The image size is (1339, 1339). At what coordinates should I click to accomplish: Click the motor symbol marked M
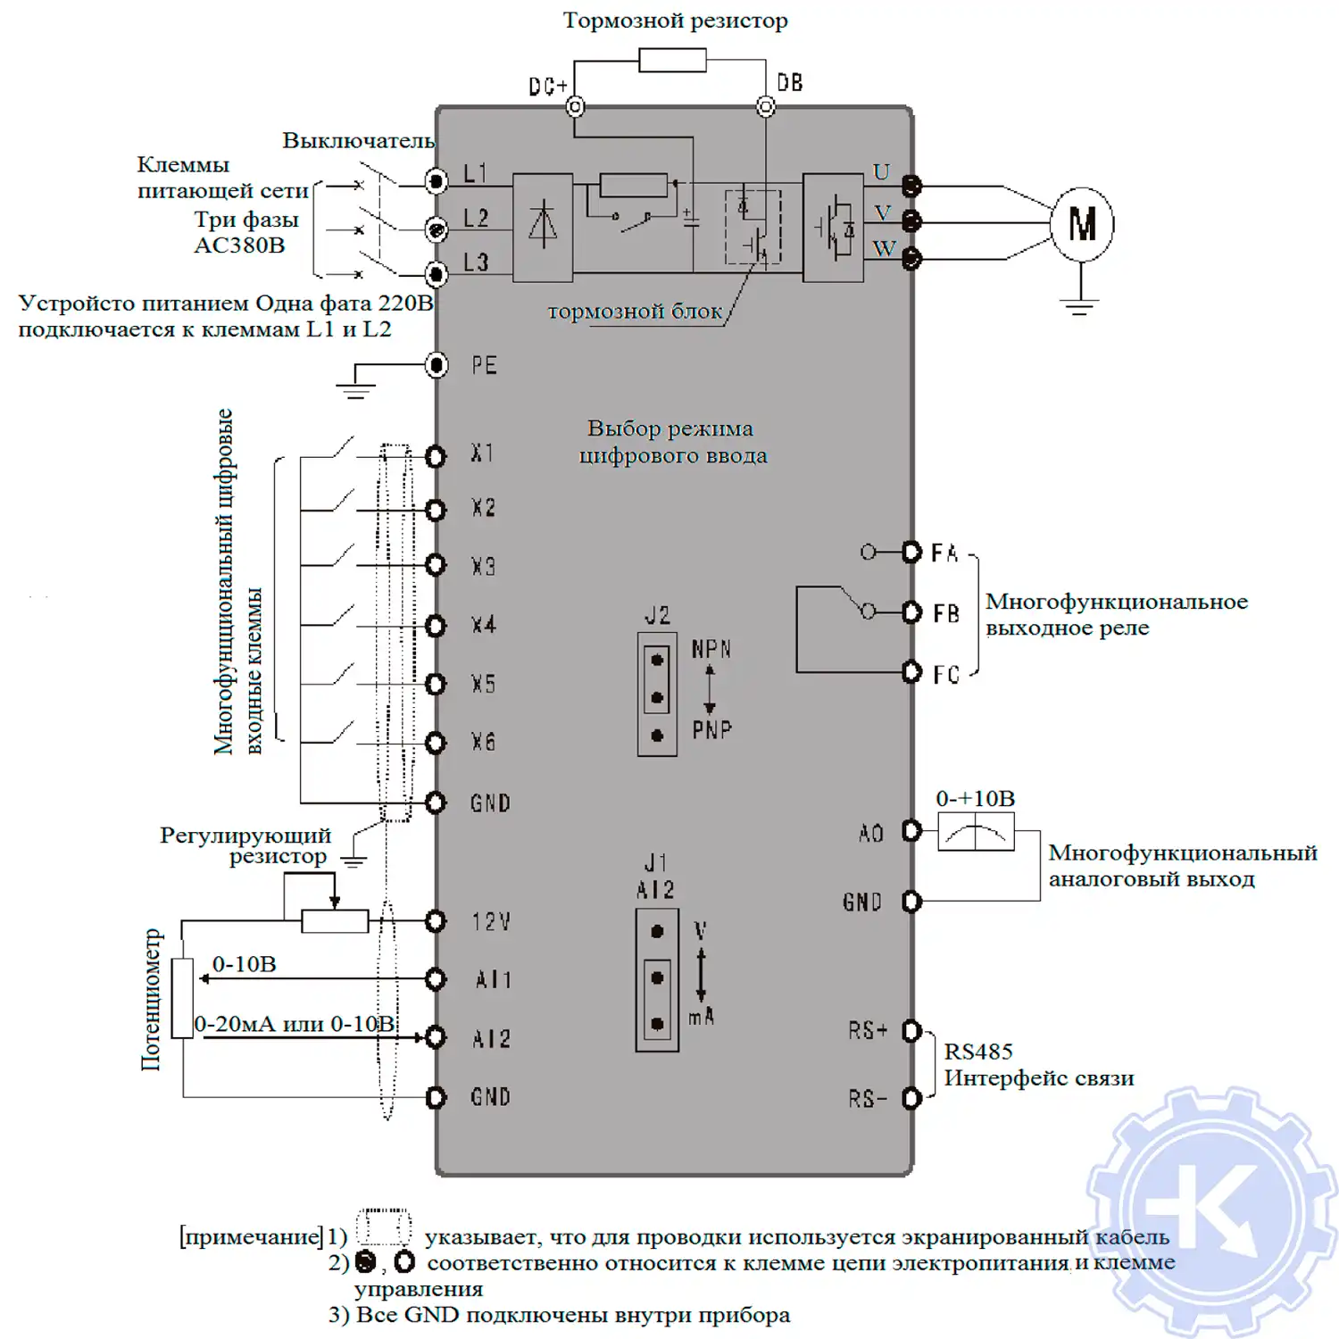(1081, 224)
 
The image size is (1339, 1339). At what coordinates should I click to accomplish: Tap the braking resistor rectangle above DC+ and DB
(672, 61)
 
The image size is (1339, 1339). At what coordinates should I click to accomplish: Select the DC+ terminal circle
(575, 107)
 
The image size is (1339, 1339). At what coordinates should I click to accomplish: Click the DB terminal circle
(765, 107)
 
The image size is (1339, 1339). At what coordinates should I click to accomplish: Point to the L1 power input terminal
(437, 182)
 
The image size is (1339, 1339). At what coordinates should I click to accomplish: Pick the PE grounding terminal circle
(437, 364)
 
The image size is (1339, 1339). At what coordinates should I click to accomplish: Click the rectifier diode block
(543, 228)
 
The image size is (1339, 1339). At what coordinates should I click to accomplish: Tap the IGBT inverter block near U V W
(833, 228)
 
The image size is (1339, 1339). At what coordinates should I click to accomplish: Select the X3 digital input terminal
(436, 565)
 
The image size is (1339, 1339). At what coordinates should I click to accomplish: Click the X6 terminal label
(483, 742)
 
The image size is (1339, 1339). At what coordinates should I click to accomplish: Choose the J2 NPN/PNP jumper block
(657, 695)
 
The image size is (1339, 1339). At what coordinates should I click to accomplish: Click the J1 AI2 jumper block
(657, 979)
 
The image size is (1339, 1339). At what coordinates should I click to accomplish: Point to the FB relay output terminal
(911, 612)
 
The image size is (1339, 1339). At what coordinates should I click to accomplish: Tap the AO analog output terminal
(911, 831)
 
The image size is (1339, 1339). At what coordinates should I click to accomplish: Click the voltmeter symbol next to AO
(976, 833)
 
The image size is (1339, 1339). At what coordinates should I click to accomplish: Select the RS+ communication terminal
(911, 1031)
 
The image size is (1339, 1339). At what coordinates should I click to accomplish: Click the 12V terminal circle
(436, 920)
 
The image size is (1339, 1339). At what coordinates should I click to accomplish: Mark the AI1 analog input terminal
(436, 979)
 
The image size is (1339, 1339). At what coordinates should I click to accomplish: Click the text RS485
(978, 1052)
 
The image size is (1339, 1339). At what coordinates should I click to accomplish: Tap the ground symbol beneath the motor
(1080, 306)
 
